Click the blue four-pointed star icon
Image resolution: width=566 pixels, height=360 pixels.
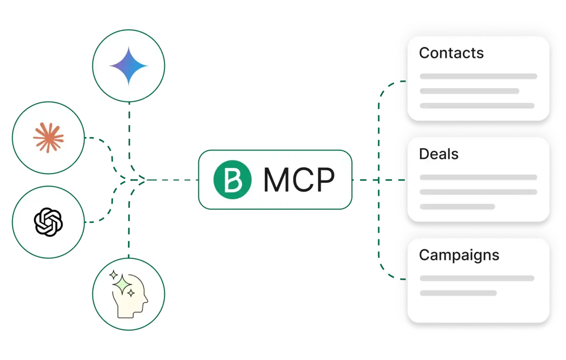point(128,66)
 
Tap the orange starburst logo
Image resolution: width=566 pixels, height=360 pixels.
point(48,138)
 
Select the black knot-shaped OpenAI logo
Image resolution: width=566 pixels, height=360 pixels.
point(48,222)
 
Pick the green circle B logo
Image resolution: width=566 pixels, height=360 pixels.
point(233,180)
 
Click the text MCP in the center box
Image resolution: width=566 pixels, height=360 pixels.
point(299,180)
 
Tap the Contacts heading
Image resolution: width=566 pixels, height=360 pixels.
point(451,53)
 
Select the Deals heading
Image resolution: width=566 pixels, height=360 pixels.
point(439,154)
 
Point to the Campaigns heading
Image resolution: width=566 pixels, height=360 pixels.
point(459,255)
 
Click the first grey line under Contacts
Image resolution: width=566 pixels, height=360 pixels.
point(478,76)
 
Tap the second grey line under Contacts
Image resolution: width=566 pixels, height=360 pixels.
point(469,91)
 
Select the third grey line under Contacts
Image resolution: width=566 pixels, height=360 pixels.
point(477,106)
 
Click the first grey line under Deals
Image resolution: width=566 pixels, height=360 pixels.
point(478,177)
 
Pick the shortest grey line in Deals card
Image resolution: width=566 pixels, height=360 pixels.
point(457,207)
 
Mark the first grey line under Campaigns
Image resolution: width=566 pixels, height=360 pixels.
point(477,278)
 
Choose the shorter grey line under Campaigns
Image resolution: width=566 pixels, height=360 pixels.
point(458,293)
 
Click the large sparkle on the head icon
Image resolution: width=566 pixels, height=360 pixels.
point(121,282)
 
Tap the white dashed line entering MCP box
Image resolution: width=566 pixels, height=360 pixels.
point(172,180)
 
